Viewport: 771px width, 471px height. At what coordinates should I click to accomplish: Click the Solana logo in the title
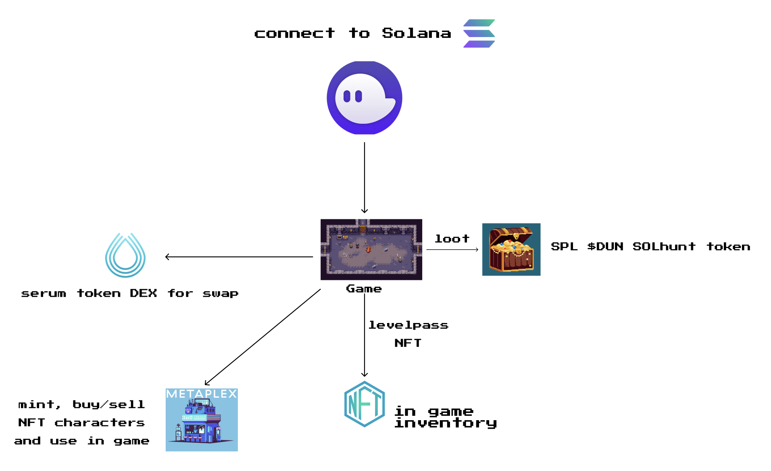[479, 33]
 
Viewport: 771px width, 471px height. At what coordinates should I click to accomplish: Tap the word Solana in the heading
[416, 33]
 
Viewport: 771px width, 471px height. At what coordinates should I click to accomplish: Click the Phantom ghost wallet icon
[364, 98]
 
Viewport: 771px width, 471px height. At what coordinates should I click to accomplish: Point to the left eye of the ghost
[347, 96]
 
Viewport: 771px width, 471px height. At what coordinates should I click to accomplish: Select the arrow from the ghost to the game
[365, 177]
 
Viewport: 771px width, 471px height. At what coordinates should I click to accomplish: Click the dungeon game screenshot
[371, 249]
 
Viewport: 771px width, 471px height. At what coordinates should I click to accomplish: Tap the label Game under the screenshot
[364, 289]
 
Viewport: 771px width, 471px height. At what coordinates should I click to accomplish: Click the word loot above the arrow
[452, 239]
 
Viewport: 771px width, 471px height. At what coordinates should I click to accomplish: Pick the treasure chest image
[511, 249]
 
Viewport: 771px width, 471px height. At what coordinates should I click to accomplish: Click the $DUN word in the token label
[605, 246]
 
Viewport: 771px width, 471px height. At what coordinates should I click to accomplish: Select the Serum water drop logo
[125, 255]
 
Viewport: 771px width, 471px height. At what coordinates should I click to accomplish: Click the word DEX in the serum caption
[143, 293]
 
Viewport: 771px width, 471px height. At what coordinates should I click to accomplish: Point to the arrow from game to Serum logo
[239, 257]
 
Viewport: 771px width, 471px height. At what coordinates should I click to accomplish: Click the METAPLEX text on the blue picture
[201, 394]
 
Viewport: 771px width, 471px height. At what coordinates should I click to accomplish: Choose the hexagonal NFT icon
[364, 404]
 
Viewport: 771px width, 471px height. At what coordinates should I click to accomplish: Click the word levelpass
[408, 325]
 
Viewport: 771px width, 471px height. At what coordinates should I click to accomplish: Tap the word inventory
[446, 423]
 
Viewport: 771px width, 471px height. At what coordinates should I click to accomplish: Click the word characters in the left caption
[99, 423]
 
